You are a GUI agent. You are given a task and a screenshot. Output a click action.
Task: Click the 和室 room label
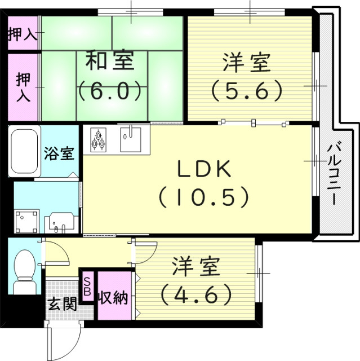pos(110,61)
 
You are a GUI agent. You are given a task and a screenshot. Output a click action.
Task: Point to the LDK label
pos(204,169)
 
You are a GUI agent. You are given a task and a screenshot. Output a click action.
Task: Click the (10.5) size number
pos(203,196)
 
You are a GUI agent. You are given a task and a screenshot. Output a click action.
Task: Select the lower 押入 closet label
pos(23,85)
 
